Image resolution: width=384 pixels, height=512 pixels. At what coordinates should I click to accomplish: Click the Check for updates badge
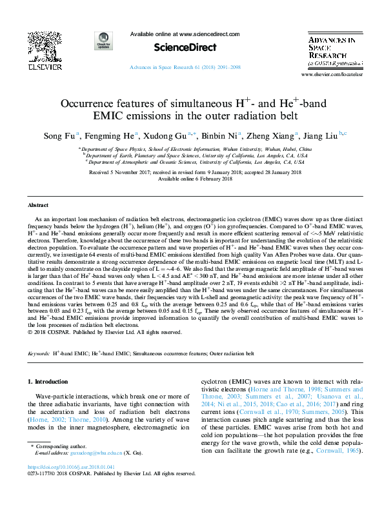pos(103,39)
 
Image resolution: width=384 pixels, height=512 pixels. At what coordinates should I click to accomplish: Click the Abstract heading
pos(37,205)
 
